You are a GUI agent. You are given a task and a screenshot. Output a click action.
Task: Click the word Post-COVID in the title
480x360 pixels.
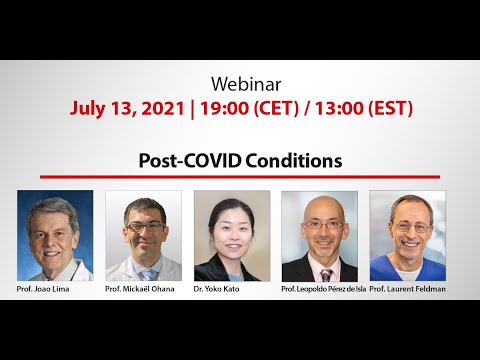(x=187, y=160)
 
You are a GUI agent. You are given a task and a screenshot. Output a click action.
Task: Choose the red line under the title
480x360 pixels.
(x=240, y=176)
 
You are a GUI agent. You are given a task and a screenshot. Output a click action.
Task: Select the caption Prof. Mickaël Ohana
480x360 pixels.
(x=143, y=289)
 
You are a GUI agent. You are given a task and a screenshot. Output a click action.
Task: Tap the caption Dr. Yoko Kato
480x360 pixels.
(x=230, y=289)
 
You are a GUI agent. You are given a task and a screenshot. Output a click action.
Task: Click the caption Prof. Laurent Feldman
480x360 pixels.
(x=407, y=289)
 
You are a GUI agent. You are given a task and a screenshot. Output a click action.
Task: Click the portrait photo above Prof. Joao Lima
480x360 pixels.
(x=55, y=236)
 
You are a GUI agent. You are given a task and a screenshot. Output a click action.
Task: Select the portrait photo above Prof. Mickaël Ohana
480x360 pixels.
(x=143, y=236)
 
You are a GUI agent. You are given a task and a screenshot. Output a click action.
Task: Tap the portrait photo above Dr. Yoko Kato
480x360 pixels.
(x=231, y=236)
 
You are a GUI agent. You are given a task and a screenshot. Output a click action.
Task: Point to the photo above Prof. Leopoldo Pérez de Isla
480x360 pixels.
(x=319, y=236)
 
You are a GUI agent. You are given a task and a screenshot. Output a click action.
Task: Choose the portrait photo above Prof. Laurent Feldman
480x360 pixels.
(x=407, y=236)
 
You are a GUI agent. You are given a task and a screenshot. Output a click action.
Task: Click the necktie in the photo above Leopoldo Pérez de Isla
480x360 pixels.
(x=326, y=273)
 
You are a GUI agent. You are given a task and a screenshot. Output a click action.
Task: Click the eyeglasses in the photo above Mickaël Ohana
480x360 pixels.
(x=142, y=228)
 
